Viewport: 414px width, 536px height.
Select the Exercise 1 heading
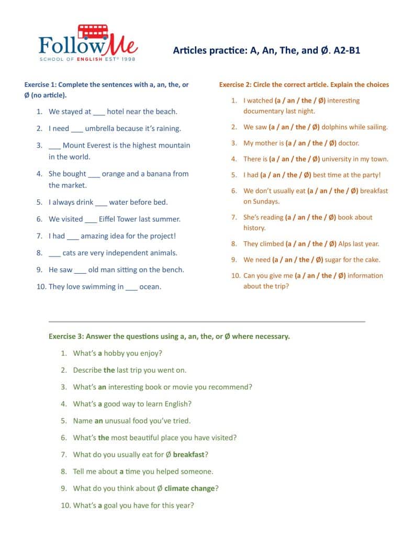click(106, 84)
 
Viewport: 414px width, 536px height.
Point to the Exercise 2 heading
click(304, 84)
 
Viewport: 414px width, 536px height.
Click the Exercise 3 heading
click(169, 336)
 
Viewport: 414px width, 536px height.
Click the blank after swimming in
click(131, 287)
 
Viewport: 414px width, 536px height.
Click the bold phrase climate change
click(189, 488)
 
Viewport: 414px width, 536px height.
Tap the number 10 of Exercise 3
click(64, 505)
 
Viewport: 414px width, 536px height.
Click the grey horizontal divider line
click(207, 321)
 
